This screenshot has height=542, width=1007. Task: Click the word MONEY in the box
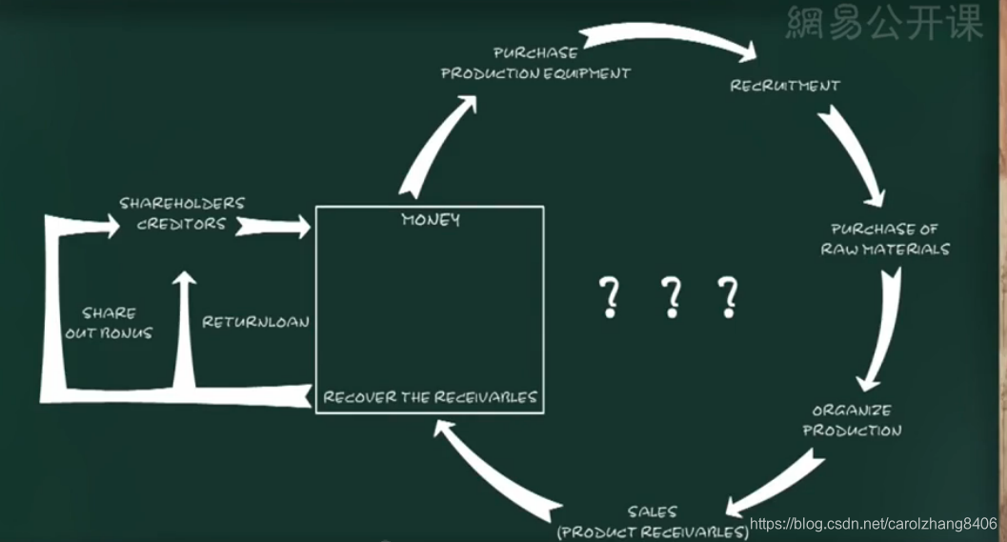click(x=431, y=220)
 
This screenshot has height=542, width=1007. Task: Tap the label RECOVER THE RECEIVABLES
click(x=430, y=397)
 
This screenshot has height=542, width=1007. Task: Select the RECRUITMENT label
click(x=785, y=86)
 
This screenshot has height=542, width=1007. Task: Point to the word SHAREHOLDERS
click(x=182, y=203)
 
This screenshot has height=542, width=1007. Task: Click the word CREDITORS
click(x=182, y=224)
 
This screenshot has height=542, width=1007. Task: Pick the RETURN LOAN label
click(x=255, y=322)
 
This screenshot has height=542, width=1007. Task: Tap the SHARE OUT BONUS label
click(x=109, y=323)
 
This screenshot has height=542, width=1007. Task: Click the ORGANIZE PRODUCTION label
click(x=852, y=420)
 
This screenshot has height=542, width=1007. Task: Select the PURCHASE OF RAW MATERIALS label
click(x=885, y=239)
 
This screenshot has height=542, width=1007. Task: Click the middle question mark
click(x=672, y=297)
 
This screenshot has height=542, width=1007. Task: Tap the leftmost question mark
click(x=610, y=297)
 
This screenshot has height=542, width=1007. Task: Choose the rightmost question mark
click(x=729, y=297)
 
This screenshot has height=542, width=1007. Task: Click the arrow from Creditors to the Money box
click(x=274, y=226)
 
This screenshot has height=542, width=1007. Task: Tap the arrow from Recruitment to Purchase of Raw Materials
click(x=850, y=152)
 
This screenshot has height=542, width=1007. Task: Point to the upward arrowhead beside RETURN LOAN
click(x=184, y=282)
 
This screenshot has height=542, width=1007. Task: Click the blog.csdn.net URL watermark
click(x=873, y=524)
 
